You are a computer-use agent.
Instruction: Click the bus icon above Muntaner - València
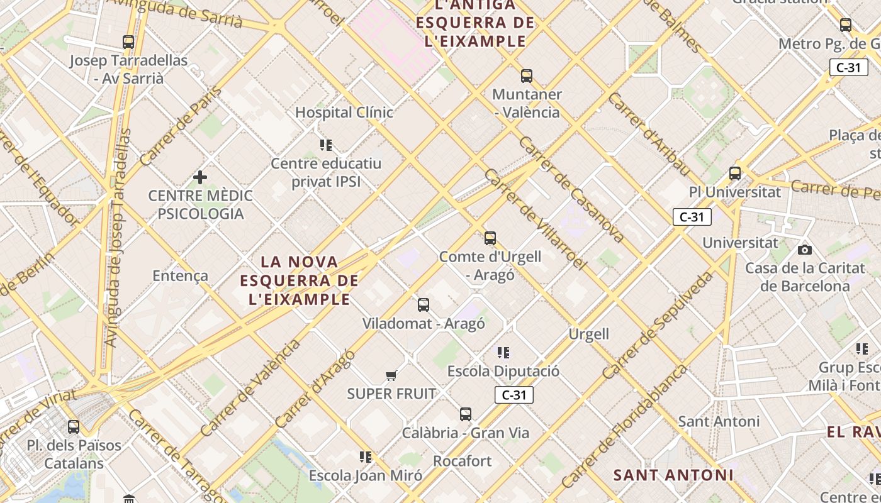(527, 76)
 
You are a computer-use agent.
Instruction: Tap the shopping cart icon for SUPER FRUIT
(391, 376)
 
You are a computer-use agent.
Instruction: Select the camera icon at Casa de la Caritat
(804, 250)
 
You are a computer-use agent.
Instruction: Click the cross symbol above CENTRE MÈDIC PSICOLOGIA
(200, 177)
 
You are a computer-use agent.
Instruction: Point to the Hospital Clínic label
(344, 113)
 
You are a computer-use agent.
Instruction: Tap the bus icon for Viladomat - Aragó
(424, 305)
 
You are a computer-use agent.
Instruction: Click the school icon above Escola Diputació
(503, 353)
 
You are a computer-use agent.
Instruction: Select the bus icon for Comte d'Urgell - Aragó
(490, 238)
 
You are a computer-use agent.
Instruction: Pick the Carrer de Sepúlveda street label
(658, 325)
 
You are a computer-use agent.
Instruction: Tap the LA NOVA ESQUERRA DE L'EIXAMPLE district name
(300, 280)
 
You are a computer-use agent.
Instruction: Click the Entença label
(180, 275)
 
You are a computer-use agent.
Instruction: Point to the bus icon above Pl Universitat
(734, 174)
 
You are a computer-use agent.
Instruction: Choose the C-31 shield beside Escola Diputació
(514, 395)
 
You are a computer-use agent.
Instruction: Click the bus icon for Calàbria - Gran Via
(466, 414)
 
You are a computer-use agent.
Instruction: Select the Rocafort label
(463, 461)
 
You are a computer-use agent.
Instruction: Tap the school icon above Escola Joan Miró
(366, 456)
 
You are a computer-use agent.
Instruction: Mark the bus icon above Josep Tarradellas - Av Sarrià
(128, 42)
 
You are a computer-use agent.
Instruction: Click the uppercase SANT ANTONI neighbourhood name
(673, 475)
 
